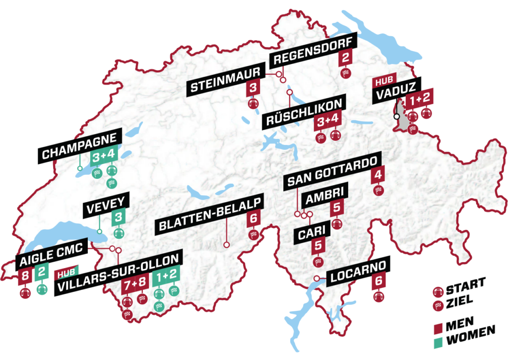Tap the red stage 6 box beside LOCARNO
379,281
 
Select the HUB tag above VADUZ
383,83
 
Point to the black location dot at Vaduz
396,117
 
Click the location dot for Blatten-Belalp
226,244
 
